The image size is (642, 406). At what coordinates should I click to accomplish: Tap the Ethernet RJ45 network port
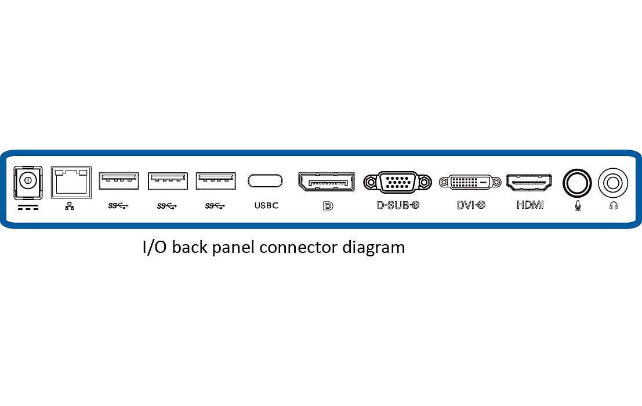point(71,182)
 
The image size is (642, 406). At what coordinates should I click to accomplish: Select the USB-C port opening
point(265,180)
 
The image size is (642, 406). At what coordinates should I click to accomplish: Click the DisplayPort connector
point(326,182)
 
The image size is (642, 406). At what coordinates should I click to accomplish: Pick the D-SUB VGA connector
point(398,182)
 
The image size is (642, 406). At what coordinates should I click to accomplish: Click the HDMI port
point(530,182)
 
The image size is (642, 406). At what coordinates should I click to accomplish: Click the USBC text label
point(266,205)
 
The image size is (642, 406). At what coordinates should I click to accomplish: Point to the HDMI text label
point(530,205)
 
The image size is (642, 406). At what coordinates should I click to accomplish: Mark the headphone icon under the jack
point(614,205)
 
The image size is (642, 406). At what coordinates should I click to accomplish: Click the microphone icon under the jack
point(578,205)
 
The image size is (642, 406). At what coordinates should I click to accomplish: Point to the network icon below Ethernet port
point(69,206)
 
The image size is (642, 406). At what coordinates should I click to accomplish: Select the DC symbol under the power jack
point(28,207)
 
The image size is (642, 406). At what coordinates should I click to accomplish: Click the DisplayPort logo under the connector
point(328,206)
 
